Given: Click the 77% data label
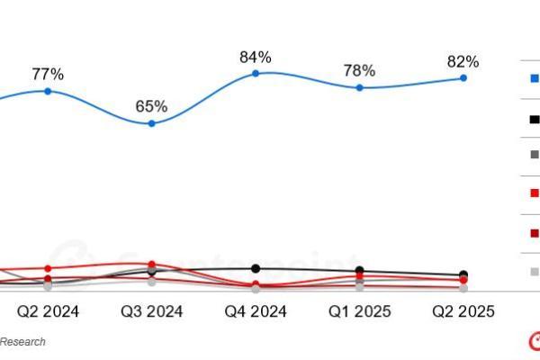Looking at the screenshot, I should coord(48,75).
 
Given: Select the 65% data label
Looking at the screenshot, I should coord(151,106).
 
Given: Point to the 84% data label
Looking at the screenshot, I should coord(256,58).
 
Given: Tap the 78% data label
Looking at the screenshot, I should coord(359,71).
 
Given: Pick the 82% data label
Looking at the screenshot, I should coord(463,62).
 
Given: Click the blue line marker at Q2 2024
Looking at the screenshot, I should coord(48,91).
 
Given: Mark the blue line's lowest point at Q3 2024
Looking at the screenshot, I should coord(151,123).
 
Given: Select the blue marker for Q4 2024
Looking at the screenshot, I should coord(256,73).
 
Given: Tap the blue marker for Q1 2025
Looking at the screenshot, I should coord(359,87).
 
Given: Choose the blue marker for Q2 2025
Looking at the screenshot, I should coord(463,78).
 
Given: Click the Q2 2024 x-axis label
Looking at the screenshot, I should coord(48,311).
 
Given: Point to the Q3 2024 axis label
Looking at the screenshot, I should coord(151,311).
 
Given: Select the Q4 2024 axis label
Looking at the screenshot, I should coord(256,311).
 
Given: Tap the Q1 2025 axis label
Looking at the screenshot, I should coord(359,311).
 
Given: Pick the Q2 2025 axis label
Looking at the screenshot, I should coord(463,311).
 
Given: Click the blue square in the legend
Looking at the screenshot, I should coord(534,78).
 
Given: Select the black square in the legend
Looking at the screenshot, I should coord(534,118).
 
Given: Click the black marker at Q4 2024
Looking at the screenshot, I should coord(256,268).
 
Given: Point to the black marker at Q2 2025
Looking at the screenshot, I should coord(463,274).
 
